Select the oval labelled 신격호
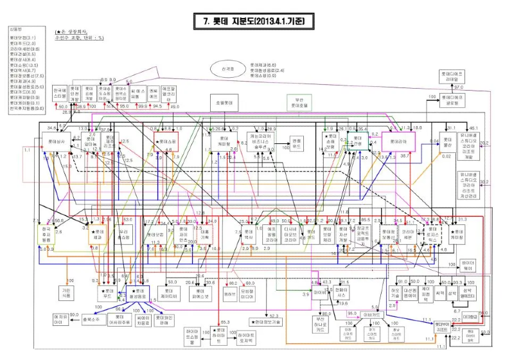pos(226,69)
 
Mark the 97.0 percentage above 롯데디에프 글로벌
pos(459,87)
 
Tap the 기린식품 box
pos(66,292)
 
